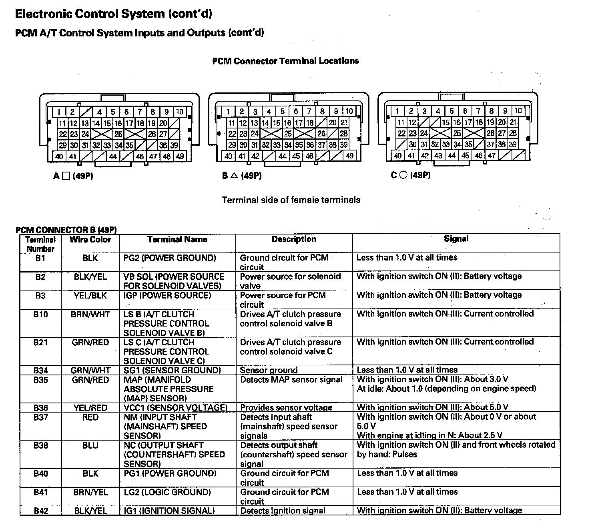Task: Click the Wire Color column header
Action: click(90, 240)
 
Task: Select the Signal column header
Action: click(456, 239)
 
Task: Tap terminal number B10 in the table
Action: click(40, 315)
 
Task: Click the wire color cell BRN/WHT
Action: click(90, 315)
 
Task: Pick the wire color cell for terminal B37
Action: click(90, 417)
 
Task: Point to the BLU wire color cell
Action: click(90, 445)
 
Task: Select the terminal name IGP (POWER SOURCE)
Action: click(167, 295)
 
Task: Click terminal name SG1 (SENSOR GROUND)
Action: click(172, 370)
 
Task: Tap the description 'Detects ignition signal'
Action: click(283, 511)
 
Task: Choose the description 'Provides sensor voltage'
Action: click(286, 408)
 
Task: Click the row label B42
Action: click(40, 511)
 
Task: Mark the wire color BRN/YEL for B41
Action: click(90, 492)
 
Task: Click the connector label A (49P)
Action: click(73, 176)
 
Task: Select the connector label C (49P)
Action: click(411, 175)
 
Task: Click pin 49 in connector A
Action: click(180, 156)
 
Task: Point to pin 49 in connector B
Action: click(349, 156)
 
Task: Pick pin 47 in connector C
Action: click(492, 156)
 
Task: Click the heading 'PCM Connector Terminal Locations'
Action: click(285, 61)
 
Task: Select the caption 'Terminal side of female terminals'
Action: click(291, 200)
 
